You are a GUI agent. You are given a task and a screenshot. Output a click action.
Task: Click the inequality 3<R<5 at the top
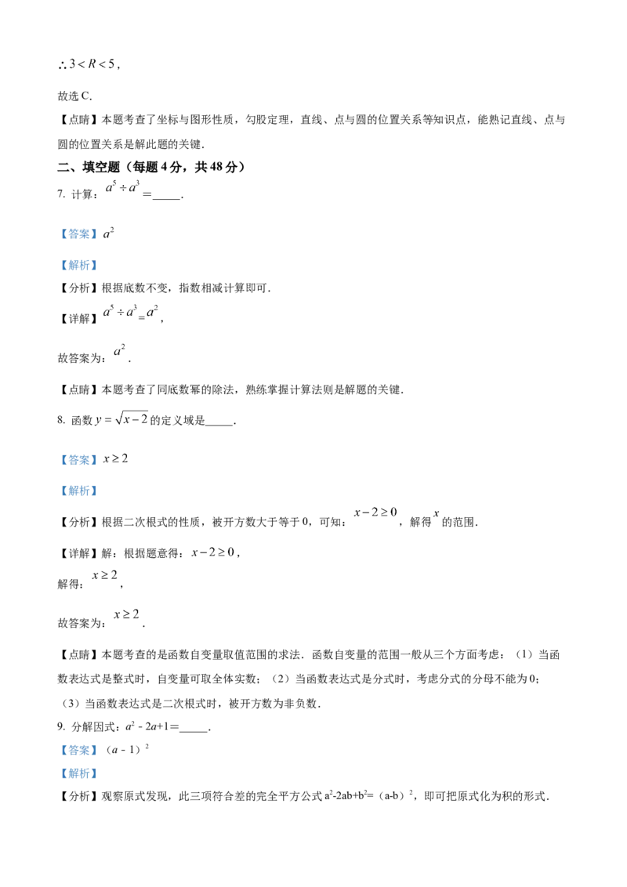click(92, 64)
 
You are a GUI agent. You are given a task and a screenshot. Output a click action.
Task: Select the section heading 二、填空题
click(89, 167)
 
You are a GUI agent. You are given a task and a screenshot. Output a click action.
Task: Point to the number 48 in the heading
click(216, 167)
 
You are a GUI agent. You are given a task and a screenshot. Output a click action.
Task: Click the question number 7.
click(60, 194)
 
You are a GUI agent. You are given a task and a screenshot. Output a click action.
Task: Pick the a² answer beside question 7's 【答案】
click(108, 233)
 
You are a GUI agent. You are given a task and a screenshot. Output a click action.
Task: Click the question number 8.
click(60, 420)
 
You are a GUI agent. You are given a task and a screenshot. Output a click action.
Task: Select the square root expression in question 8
click(132, 418)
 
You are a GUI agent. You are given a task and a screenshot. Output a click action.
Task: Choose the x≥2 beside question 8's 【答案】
click(115, 458)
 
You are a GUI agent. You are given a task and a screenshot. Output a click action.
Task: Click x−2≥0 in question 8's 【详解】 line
click(212, 552)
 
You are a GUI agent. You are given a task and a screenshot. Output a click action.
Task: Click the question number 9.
click(60, 727)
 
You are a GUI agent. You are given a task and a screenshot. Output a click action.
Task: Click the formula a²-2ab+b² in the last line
click(346, 796)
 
